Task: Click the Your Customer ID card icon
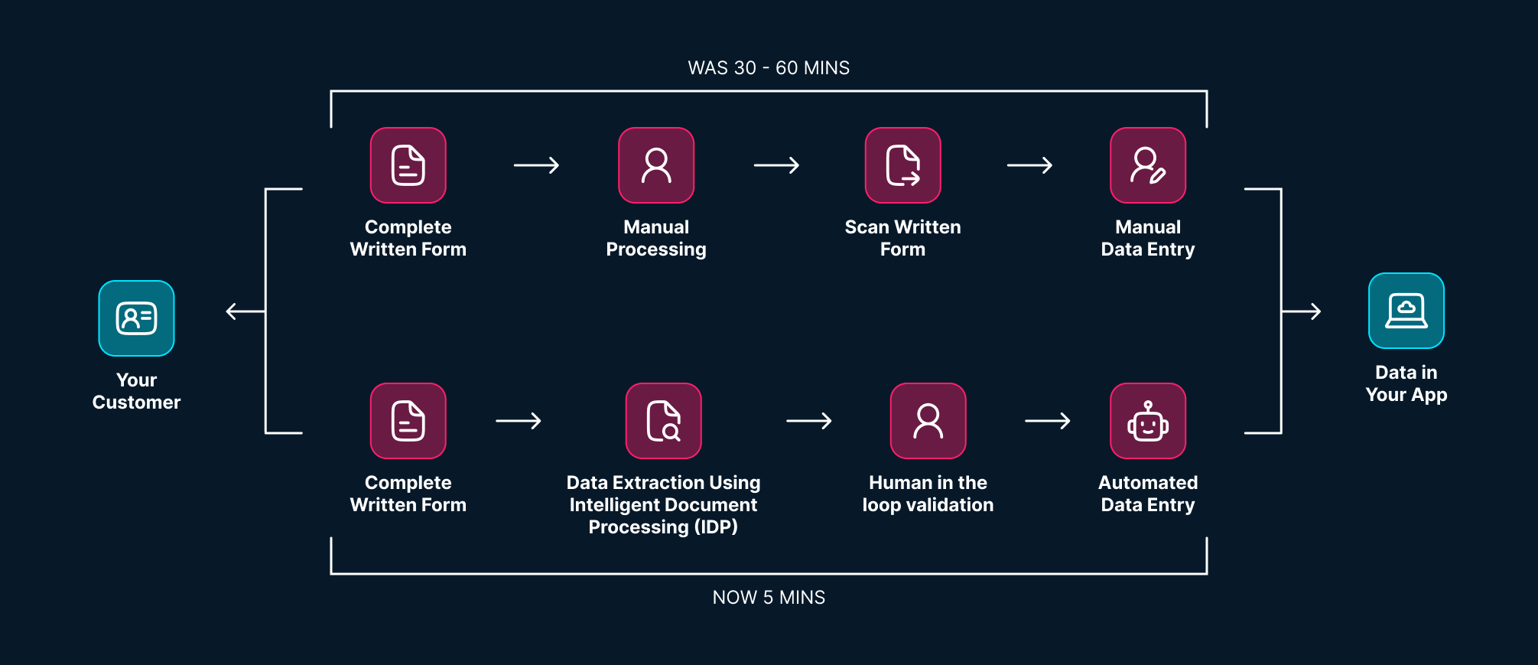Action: [136, 318]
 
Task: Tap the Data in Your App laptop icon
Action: [1406, 311]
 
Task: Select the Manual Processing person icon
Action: [656, 165]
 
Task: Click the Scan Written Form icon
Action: [902, 165]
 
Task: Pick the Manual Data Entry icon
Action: [1147, 165]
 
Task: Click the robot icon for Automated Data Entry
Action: [1147, 421]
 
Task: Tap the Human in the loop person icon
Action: [928, 421]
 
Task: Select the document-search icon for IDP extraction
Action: [663, 421]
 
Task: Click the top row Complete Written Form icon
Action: [408, 165]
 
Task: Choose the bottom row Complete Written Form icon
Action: [408, 421]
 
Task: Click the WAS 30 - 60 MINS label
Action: [769, 68]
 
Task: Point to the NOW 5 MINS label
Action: [769, 598]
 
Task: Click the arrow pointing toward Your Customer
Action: [243, 311]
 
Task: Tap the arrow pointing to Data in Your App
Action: [1302, 311]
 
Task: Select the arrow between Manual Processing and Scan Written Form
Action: [776, 165]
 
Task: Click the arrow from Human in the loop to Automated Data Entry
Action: [1047, 421]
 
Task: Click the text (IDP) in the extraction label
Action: [716, 527]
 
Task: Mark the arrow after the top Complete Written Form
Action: [536, 165]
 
